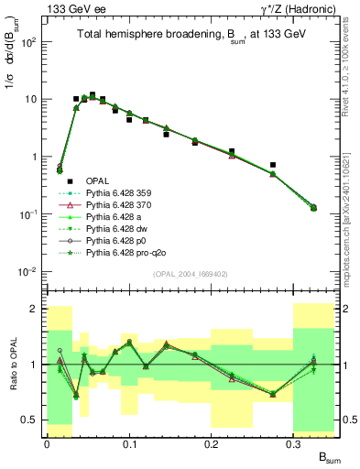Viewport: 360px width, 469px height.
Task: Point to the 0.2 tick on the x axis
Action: (212, 443)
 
